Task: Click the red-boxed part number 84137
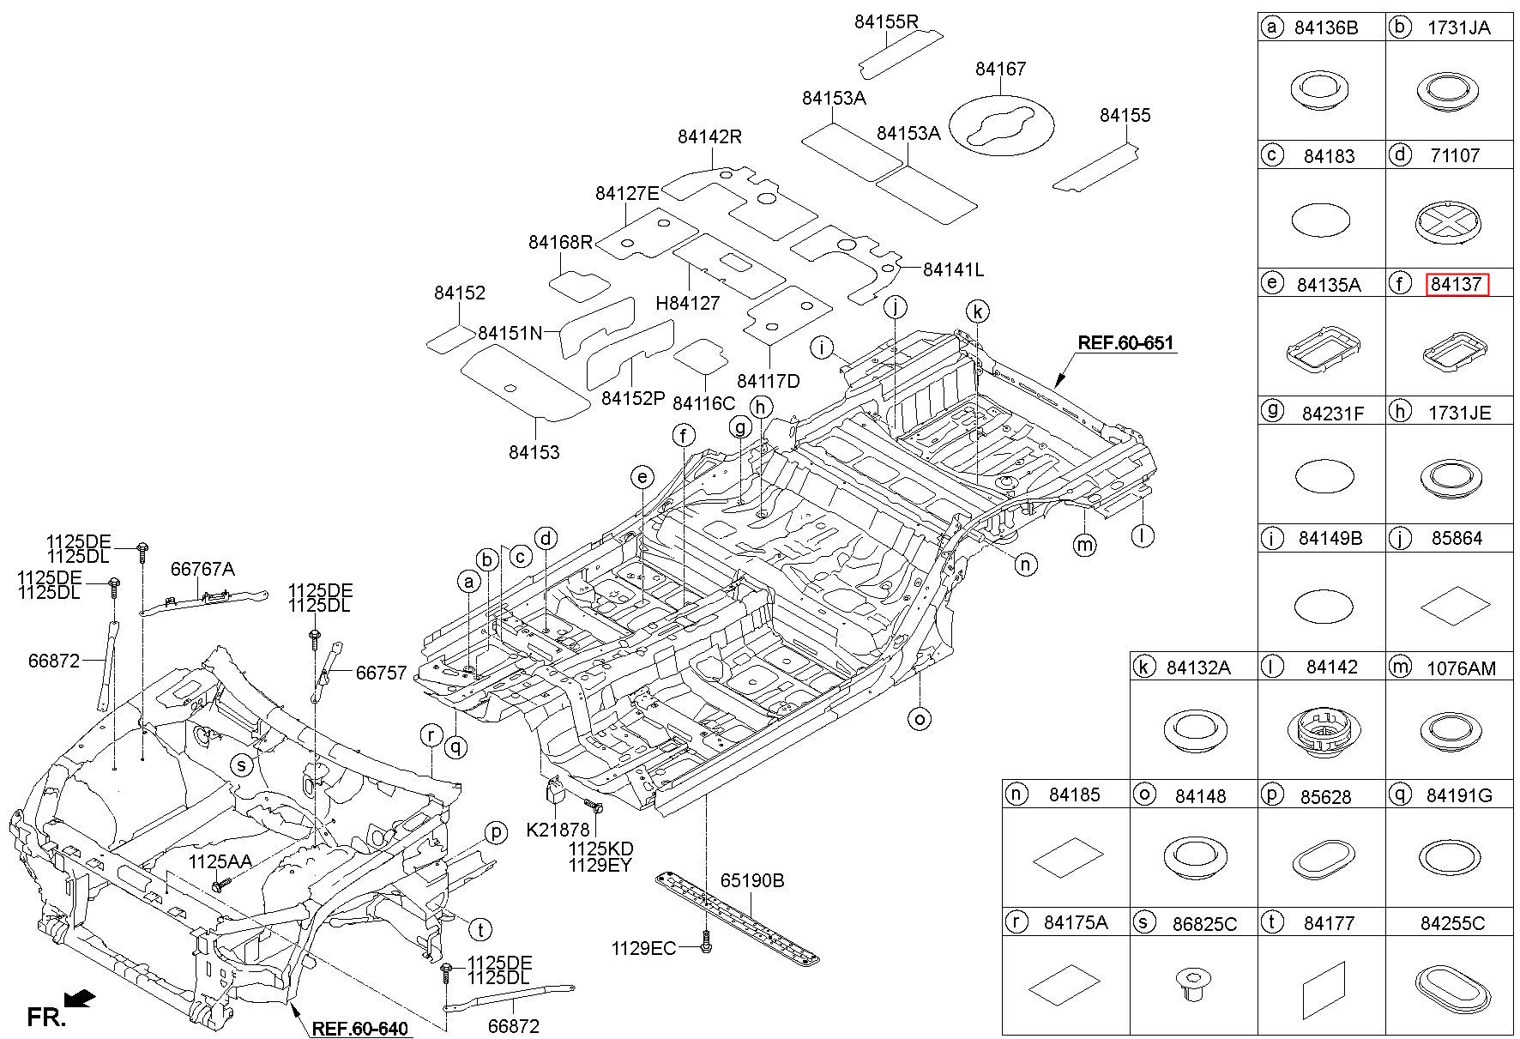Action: pyautogui.click(x=1457, y=284)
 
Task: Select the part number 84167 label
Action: pyautogui.click(x=1000, y=69)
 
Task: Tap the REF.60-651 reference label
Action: pyautogui.click(x=1125, y=342)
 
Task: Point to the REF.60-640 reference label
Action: pyautogui.click(x=359, y=1028)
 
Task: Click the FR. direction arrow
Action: pyautogui.click(x=80, y=999)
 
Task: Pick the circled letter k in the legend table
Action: pyautogui.click(x=1143, y=666)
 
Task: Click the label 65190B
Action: pyautogui.click(x=752, y=880)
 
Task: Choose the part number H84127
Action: pyautogui.click(x=687, y=302)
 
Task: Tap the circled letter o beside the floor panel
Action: pyautogui.click(x=920, y=718)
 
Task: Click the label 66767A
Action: pyautogui.click(x=202, y=568)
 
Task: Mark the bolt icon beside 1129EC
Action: pyautogui.click(x=705, y=945)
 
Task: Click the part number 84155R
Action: pyautogui.click(x=886, y=21)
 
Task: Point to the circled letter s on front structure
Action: pyautogui.click(x=242, y=764)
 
